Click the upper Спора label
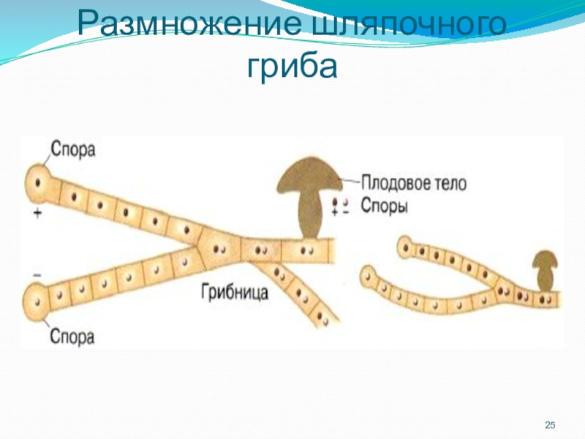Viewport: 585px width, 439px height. [x=73, y=151]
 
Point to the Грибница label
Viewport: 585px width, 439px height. [x=234, y=293]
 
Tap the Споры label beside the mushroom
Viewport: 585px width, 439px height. [x=383, y=206]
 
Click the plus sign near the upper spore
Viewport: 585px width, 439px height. [x=37, y=212]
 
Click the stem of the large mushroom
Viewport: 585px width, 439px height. [x=311, y=216]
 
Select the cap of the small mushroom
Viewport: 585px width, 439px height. [x=544, y=260]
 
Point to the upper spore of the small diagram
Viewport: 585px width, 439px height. [x=404, y=247]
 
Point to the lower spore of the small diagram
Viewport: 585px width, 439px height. [x=369, y=277]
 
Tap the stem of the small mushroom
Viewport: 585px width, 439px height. [x=545, y=279]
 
